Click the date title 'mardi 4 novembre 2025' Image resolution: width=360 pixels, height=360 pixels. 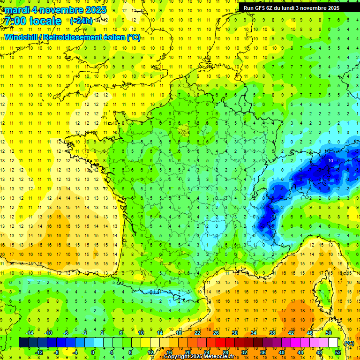(56, 10)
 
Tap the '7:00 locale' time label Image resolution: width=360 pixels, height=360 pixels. (33, 21)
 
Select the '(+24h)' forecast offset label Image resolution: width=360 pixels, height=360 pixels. (81, 21)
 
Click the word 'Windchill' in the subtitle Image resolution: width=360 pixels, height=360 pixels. (22, 37)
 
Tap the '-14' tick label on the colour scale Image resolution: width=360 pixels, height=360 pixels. (30, 333)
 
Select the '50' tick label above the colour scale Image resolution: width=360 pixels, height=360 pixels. (329, 333)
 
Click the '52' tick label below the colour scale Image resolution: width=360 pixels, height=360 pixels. (337, 352)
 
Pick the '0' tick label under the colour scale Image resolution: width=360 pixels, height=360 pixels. (93, 352)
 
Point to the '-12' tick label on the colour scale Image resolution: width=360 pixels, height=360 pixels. (39, 352)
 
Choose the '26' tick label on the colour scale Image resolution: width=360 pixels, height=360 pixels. (216, 333)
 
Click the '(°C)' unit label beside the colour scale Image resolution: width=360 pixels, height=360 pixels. (349, 343)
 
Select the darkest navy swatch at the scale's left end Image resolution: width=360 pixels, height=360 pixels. (23, 343)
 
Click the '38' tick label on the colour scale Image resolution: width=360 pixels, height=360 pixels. (272, 333)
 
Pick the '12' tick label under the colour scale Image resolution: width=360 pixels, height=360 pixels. (150, 352)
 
